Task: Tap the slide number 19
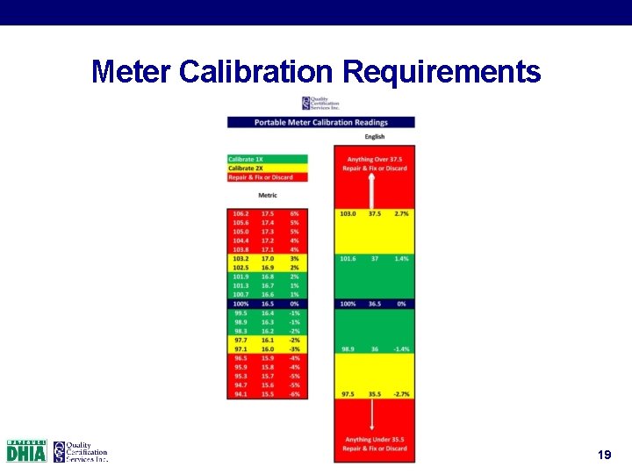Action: [x=604, y=455]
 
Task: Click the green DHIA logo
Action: [x=26, y=451]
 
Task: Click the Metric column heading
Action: [x=267, y=195]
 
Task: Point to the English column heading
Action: [x=375, y=137]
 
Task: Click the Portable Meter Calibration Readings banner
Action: [x=320, y=123]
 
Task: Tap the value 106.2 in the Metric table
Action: [x=241, y=214]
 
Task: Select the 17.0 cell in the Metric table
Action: [x=267, y=259]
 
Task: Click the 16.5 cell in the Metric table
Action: [x=267, y=304]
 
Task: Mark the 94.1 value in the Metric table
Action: [x=241, y=394]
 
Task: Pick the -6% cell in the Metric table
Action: [x=295, y=394]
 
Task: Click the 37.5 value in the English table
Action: [x=375, y=214]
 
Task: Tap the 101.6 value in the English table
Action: [x=348, y=259]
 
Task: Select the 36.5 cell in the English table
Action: [x=375, y=304]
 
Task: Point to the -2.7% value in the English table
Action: [x=401, y=394]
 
